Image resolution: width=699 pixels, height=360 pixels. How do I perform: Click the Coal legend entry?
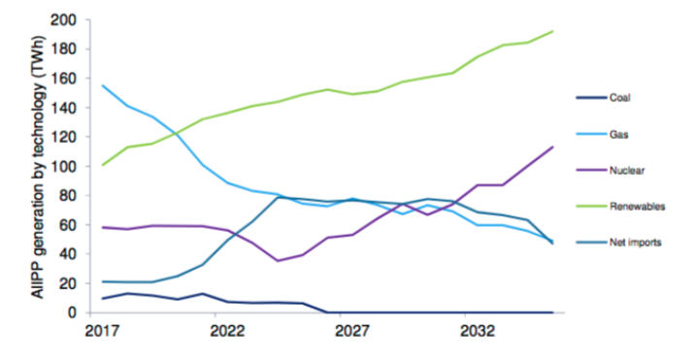pos(620,97)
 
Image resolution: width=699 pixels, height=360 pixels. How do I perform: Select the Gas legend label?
pos(618,133)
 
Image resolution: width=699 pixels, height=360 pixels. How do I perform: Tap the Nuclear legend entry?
pos(625,169)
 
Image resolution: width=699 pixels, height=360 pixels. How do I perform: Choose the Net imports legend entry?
pos(635,241)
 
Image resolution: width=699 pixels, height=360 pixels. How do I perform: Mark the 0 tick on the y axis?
pos(86,312)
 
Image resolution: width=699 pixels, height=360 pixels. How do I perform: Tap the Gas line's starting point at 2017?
pos(104,86)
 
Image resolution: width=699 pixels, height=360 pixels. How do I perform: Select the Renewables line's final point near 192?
pos(552,31)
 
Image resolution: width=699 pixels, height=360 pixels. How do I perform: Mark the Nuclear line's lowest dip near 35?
pos(277,260)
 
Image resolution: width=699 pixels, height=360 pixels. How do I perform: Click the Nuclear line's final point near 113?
pos(552,147)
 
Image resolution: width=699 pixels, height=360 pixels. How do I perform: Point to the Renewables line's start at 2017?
pos(104,165)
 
